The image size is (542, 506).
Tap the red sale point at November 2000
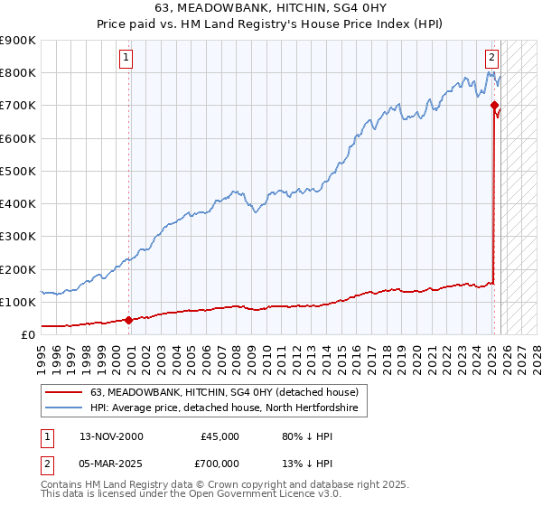(128, 319)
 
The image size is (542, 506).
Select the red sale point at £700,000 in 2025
(494, 105)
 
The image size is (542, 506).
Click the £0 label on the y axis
(27, 334)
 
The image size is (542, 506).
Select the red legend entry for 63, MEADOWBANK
(225, 392)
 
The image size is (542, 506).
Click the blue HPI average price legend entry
(225, 408)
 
